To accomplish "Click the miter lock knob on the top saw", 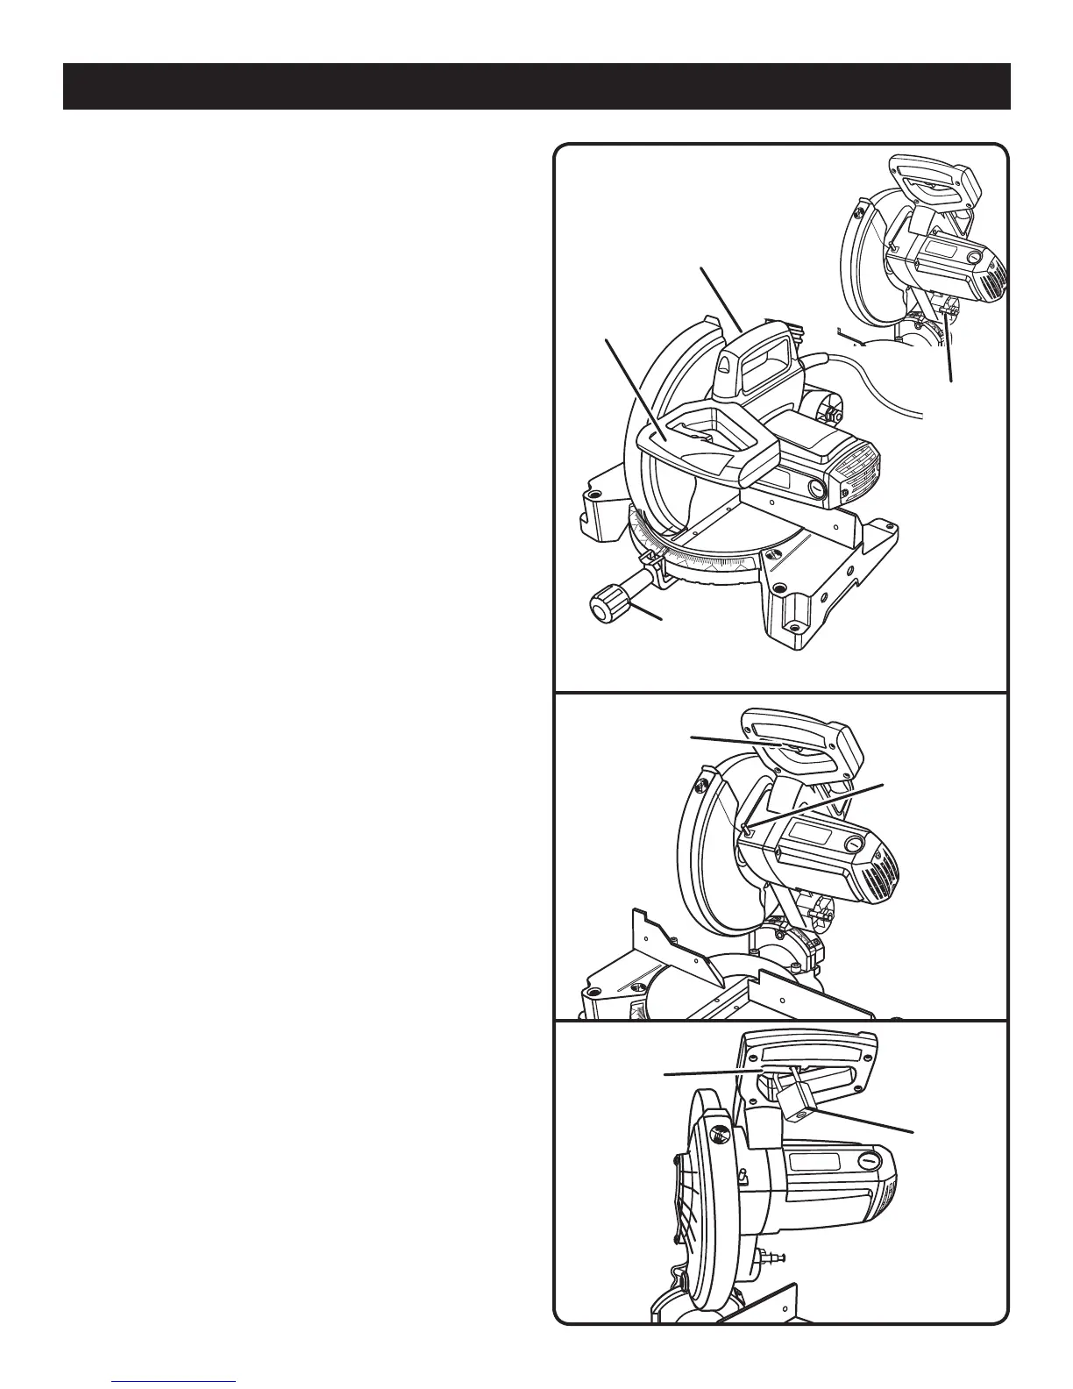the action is tap(604, 605).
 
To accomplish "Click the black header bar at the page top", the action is tap(536, 86).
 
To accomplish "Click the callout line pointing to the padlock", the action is tap(868, 1122).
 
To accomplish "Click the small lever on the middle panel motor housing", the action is tap(745, 827).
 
